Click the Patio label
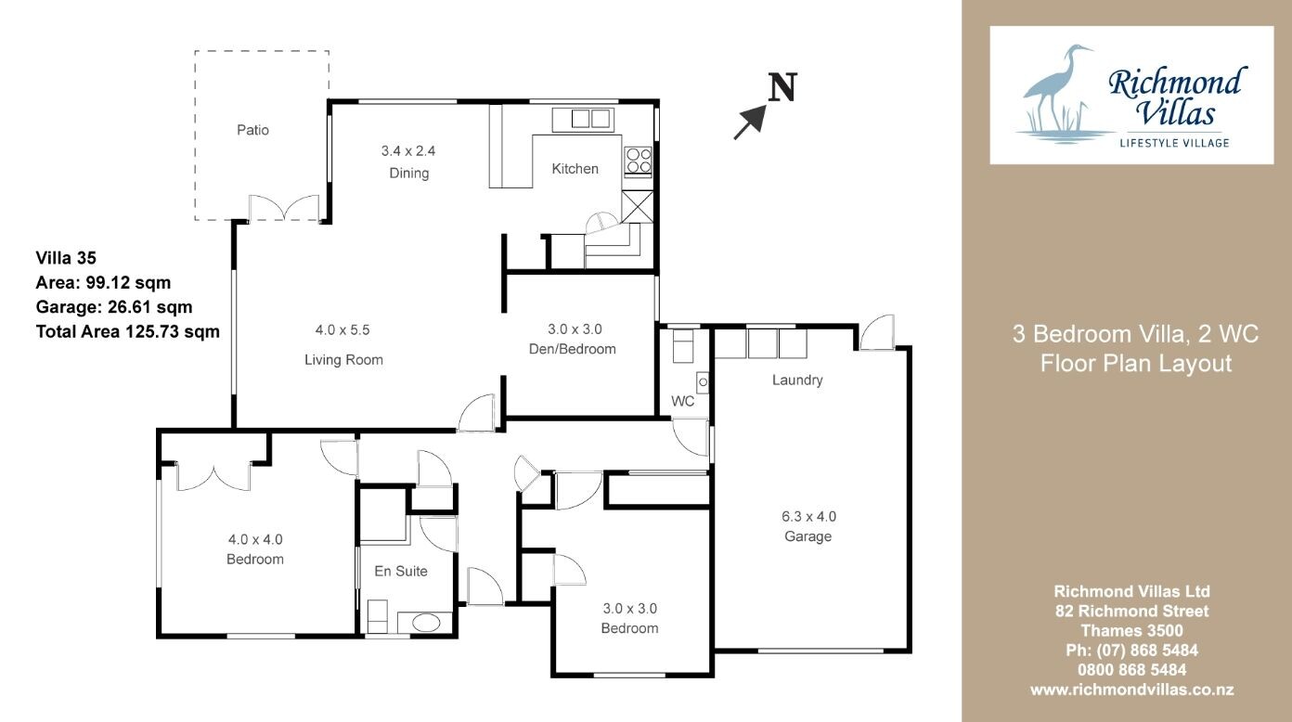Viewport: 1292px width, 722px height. (x=252, y=130)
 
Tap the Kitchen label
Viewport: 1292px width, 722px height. (x=575, y=168)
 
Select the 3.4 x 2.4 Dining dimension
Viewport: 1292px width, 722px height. (x=408, y=151)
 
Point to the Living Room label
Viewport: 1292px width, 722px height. (x=343, y=360)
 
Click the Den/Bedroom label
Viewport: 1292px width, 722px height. (x=572, y=349)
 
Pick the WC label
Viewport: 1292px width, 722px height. (x=683, y=401)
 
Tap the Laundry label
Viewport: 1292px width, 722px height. (x=797, y=380)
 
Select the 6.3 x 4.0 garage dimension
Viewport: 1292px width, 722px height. (x=808, y=516)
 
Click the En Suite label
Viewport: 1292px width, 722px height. (x=401, y=571)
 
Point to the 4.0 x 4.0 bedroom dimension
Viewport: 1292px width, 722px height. (x=255, y=539)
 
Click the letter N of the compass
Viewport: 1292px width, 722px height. (x=782, y=87)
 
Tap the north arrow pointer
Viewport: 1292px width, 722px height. (x=750, y=122)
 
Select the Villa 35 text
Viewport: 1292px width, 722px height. (x=66, y=258)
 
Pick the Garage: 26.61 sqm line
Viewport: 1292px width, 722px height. (x=114, y=307)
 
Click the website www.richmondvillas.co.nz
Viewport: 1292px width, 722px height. (x=1131, y=690)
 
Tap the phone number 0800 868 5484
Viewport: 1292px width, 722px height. (x=1131, y=669)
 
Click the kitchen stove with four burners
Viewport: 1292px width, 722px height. (x=639, y=161)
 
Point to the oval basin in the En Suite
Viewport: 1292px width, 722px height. (x=426, y=623)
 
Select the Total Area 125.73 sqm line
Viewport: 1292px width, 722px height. (x=127, y=331)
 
